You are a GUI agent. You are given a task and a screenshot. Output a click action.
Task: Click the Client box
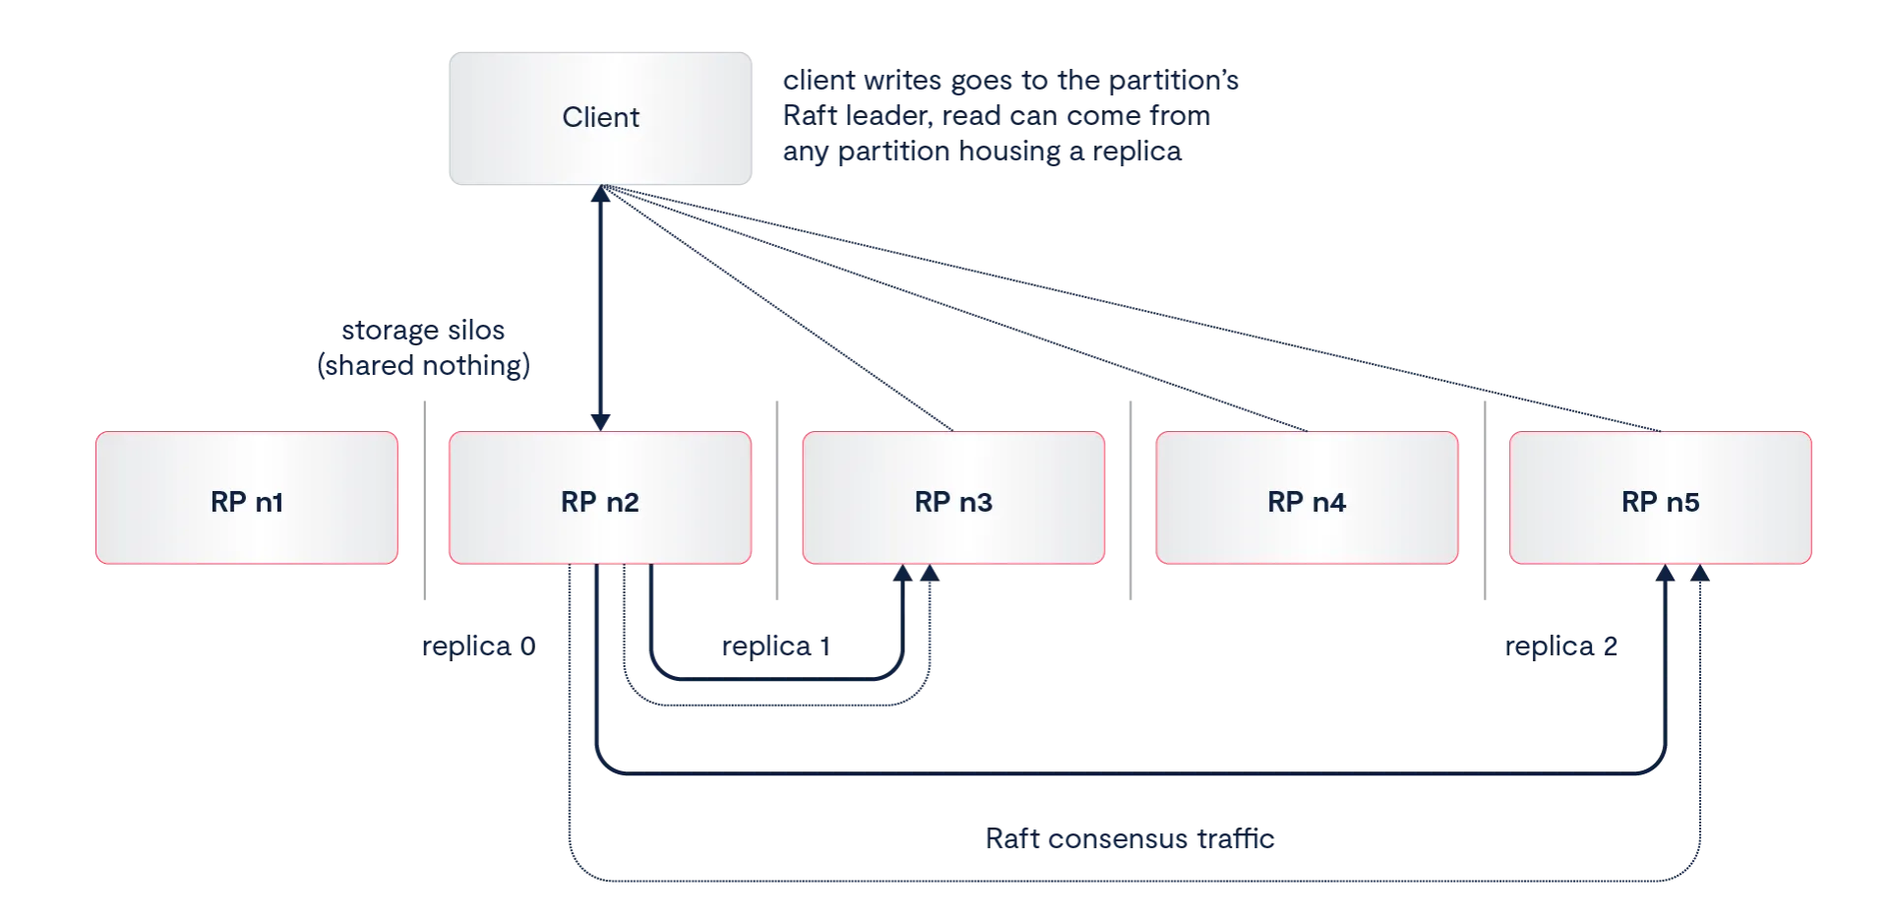click(601, 118)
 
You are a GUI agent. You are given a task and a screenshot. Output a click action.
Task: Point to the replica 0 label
click(476, 647)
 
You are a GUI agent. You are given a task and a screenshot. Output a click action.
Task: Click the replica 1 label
click(774, 647)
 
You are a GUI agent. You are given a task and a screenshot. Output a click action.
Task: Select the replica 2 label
click(1561, 647)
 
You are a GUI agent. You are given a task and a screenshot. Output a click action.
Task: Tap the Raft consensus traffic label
click(1128, 838)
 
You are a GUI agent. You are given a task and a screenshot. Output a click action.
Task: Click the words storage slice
click(424, 333)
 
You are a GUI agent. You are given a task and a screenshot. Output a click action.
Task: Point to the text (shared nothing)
click(424, 367)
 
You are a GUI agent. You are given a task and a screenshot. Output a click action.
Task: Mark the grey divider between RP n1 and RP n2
click(424, 500)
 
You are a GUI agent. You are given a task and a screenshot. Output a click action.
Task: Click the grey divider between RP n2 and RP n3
click(775, 500)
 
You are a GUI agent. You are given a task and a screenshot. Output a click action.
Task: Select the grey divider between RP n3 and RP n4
click(1128, 500)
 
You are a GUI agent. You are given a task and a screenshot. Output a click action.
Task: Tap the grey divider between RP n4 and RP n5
click(1483, 500)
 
